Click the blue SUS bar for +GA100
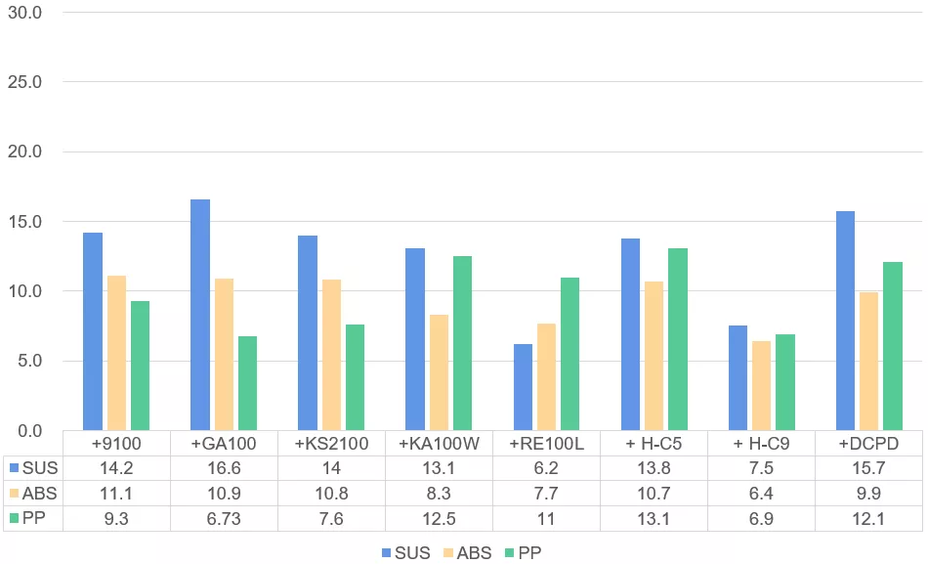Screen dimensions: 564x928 [200, 315]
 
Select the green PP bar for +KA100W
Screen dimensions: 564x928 [462, 343]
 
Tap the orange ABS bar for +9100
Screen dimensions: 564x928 [116, 353]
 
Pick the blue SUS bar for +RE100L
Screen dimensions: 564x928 [523, 387]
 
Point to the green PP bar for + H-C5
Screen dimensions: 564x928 [677, 339]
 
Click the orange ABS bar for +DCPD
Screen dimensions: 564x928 [868, 361]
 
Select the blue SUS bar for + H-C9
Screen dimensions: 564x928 [738, 378]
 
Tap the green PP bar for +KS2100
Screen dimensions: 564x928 [355, 377]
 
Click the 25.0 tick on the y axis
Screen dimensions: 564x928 [23, 82]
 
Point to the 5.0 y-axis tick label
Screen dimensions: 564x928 [27, 361]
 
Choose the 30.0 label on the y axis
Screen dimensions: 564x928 [23, 13]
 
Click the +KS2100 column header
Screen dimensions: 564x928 [331, 444]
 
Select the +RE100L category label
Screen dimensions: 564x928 [547, 444]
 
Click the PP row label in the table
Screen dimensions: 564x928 [33, 519]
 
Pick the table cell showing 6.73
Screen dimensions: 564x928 [224, 519]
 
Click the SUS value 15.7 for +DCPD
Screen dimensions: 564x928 [868, 468]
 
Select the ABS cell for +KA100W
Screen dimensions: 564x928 [439, 494]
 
